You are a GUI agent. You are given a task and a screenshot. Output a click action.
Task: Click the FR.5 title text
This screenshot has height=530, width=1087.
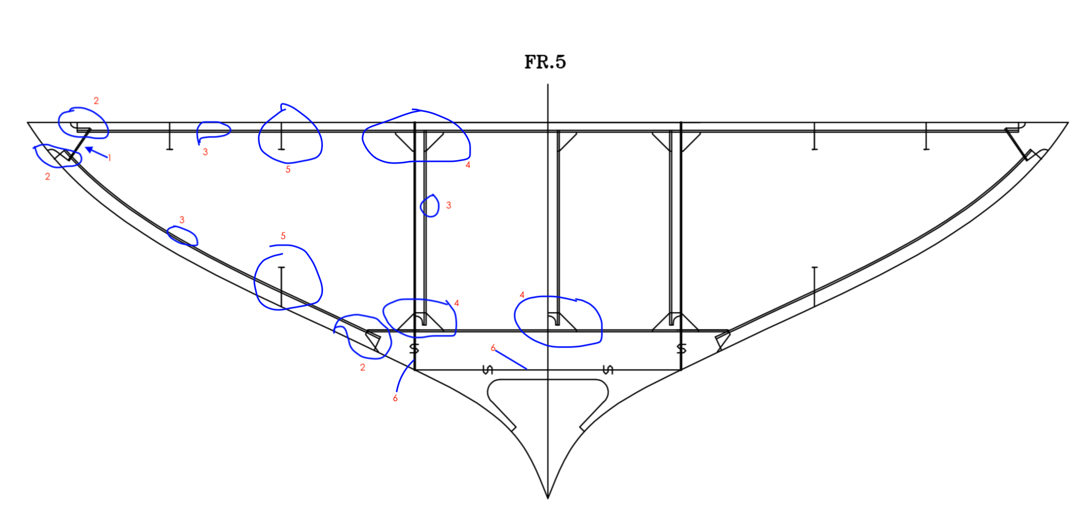pyautogui.click(x=545, y=62)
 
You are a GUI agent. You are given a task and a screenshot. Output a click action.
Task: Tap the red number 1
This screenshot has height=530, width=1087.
pyautogui.click(x=110, y=158)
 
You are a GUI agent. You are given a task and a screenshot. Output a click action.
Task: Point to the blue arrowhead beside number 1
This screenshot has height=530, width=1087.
pyautogui.click(x=89, y=149)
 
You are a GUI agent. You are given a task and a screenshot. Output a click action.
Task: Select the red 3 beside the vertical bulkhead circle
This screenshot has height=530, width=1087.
pyautogui.click(x=449, y=205)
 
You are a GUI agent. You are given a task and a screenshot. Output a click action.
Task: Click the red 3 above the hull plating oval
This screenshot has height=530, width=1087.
pyautogui.click(x=182, y=220)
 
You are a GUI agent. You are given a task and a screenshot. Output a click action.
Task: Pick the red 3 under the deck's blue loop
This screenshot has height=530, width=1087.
pyautogui.click(x=205, y=152)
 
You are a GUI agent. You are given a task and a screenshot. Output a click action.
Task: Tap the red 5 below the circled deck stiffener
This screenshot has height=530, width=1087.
pyautogui.click(x=288, y=170)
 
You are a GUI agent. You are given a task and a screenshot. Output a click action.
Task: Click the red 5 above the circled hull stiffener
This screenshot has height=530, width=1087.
pyautogui.click(x=283, y=236)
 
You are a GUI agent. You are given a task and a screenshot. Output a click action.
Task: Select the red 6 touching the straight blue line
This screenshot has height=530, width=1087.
pyautogui.click(x=493, y=348)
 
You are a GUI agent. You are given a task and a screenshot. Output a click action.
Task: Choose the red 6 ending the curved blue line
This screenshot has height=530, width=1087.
pyautogui.click(x=395, y=398)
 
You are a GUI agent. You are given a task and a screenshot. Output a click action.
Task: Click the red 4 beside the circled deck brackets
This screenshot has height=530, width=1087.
pyautogui.click(x=468, y=165)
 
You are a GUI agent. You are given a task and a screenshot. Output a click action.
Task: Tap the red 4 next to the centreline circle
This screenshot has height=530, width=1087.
pyautogui.click(x=522, y=295)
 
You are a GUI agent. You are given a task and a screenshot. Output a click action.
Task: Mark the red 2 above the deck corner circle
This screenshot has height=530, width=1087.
pyautogui.click(x=96, y=101)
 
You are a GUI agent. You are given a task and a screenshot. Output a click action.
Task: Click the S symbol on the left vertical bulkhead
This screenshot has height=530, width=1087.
pyautogui.click(x=414, y=348)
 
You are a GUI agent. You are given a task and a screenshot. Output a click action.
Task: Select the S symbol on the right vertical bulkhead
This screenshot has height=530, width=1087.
pyautogui.click(x=681, y=348)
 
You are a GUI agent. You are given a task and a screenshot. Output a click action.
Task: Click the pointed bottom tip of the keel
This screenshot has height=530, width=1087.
pyautogui.click(x=548, y=498)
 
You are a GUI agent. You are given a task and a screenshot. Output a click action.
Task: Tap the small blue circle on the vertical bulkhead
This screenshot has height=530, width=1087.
pyautogui.click(x=430, y=206)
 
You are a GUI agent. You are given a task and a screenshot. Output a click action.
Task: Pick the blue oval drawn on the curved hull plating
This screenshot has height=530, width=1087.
pyautogui.click(x=182, y=236)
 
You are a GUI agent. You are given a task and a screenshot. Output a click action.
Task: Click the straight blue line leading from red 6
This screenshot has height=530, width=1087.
pyautogui.click(x=511, y=360)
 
